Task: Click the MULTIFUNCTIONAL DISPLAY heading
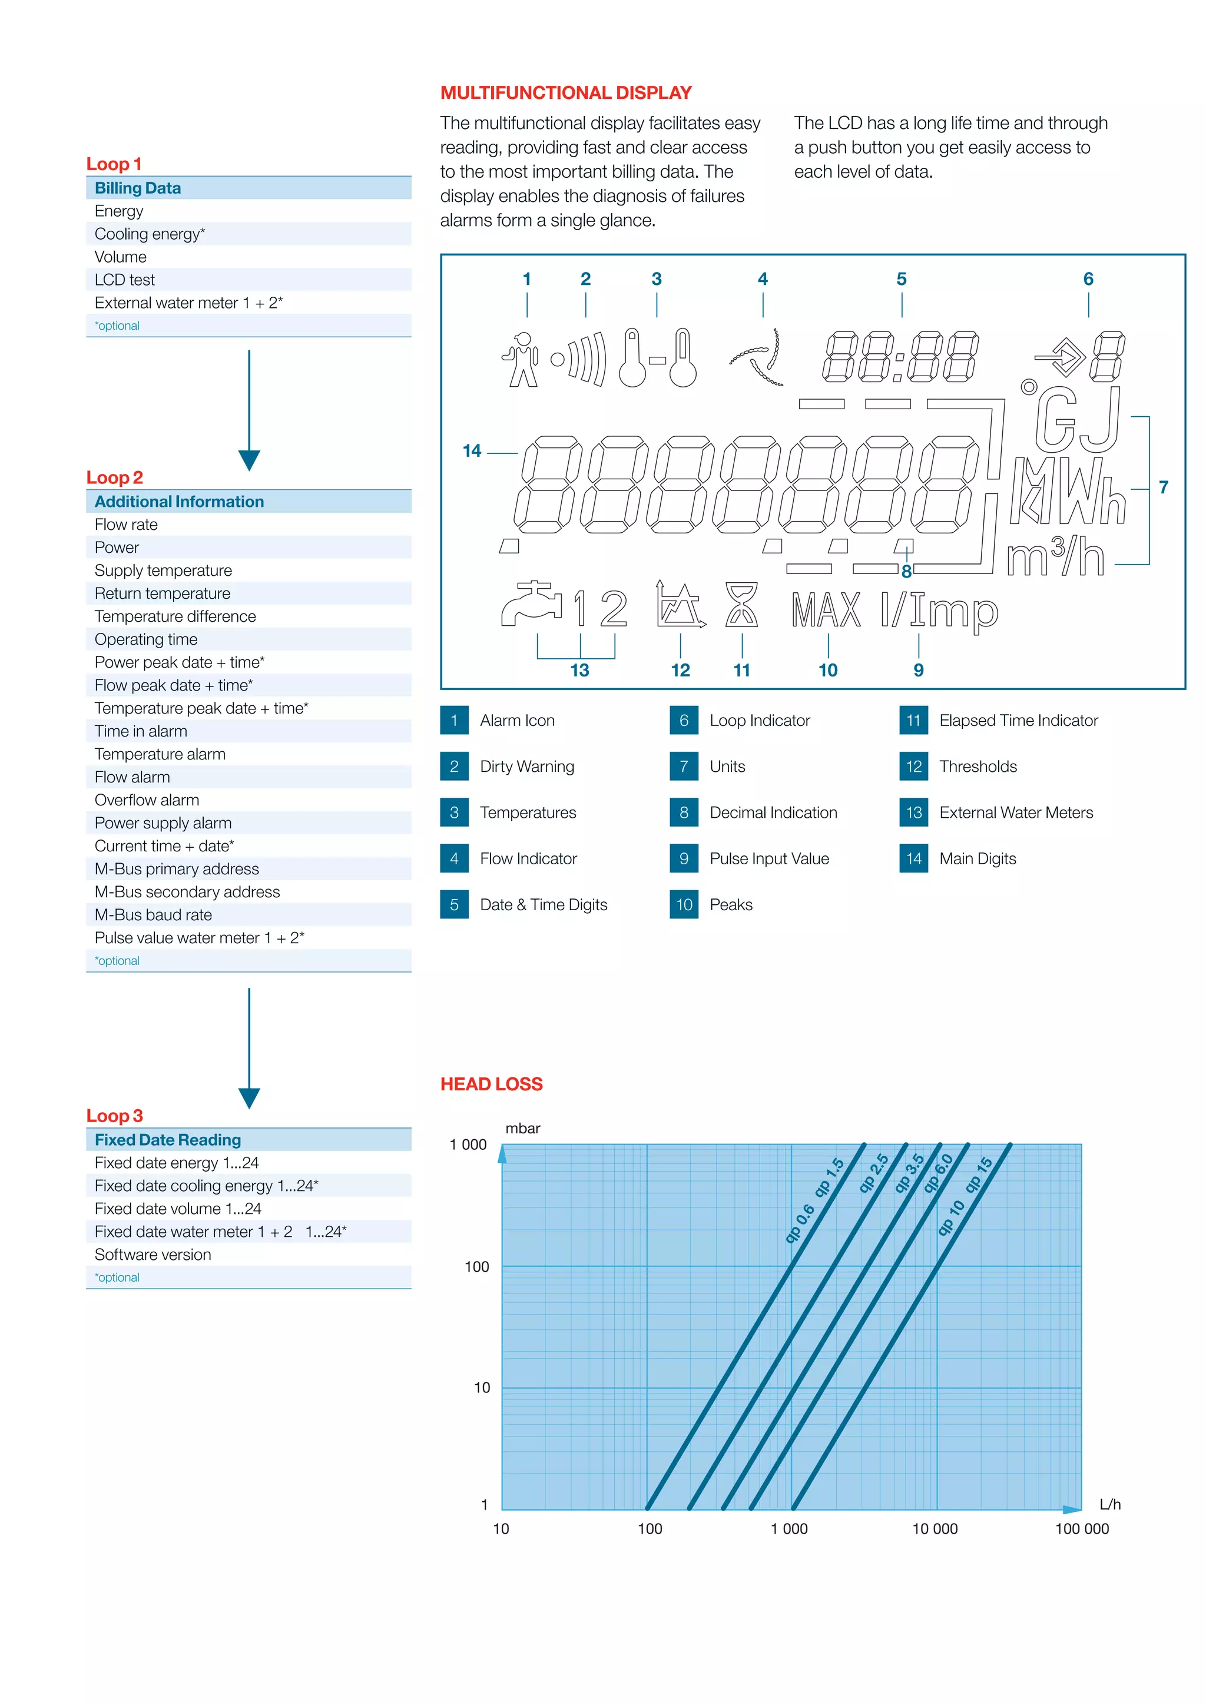(x=566, y=93)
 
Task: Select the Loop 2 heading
(x=114, y=477)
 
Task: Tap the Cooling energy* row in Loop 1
(x=149, y=234)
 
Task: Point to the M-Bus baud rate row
(x=153, y=915)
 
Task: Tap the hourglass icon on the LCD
(x=741, y=605)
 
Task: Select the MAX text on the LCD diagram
(x=826, y=611)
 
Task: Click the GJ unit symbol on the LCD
(x=1077, y=420)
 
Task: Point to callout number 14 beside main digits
(x=472, y=451)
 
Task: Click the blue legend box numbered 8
(x=683, y=812)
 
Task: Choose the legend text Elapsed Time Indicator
(x=1018, y=720)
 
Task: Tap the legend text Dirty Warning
(x=526, y=767)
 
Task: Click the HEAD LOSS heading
(x=491, y=1084)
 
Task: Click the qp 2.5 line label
(x=873, y=1173)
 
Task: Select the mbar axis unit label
(x=522, y=1128)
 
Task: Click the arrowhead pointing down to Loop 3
(x=249, y=1097)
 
